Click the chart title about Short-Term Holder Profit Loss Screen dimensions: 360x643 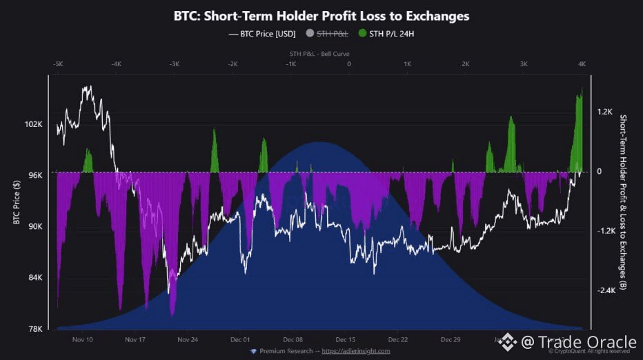pos(321,14)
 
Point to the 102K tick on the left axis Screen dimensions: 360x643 pos(33,124)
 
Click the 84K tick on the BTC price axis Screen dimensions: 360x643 pos(34,277)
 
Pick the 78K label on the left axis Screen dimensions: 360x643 pos(34,328)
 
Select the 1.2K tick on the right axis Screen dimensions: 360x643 pos(605,111)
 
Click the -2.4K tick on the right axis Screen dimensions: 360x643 pos(606,290)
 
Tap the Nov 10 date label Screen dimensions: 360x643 pos(82,339)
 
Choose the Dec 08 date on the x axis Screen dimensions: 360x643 pos(293,339)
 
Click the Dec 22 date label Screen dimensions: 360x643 pos(398,339)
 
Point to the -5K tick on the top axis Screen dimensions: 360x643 pos(58,64)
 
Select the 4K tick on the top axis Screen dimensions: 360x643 pos(582,64)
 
